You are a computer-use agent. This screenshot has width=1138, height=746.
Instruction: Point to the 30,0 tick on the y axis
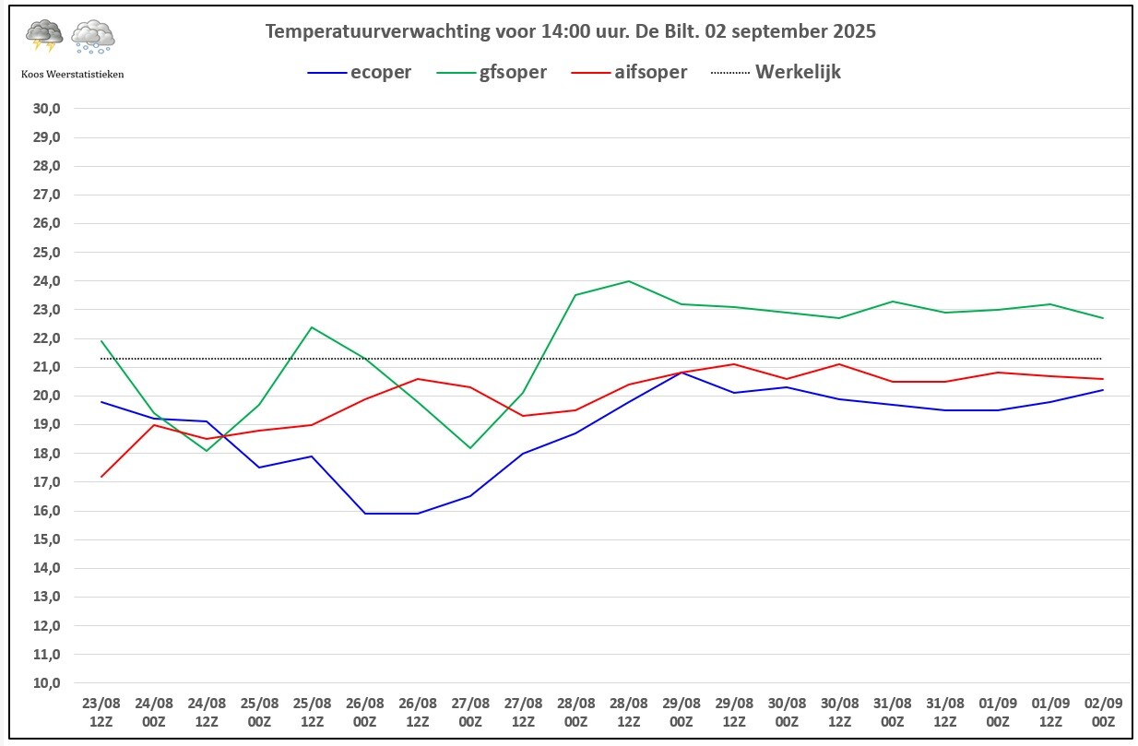tap(46, 108)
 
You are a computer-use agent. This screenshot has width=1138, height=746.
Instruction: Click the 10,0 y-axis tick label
tap(46, 683)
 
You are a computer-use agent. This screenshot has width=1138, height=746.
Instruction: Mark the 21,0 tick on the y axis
tap(46, 367)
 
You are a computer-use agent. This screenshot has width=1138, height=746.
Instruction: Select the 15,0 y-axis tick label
tap(46, 539)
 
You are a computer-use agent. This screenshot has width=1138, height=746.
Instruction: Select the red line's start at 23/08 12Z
tap(101, 477)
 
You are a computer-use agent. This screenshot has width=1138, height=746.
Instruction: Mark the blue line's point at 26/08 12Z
tap(418, 514)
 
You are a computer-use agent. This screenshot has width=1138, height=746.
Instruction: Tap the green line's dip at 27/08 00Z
tap(470, 448)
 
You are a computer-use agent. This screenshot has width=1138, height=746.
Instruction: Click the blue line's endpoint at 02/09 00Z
tap(1103, 390)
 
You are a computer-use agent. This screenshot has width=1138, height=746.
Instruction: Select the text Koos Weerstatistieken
tap(72, 75)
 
